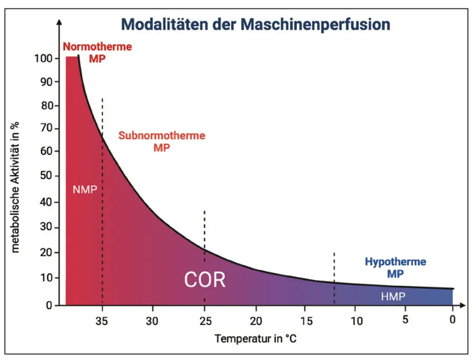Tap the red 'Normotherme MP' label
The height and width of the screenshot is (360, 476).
[x=97, y=52]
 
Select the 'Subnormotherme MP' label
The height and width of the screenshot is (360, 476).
[x=161, y=141]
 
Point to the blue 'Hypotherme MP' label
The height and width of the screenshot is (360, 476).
[x=395, y=268]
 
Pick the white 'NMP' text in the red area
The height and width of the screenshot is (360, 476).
[x=85, y=190]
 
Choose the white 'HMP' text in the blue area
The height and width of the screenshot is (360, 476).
[x=393, y=297]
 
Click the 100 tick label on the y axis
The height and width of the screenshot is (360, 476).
[x=45, y=58]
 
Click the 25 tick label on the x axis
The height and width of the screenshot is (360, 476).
[x=204, y=320]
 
